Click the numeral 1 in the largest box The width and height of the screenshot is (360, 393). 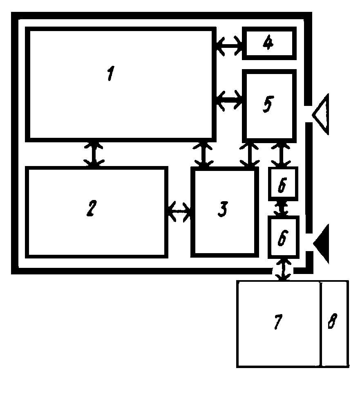(x=110, y=75)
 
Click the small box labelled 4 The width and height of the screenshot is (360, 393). (x=268, y=43)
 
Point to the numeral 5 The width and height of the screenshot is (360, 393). (x=267, y=104)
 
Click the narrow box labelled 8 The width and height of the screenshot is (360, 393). (x=334, y=323)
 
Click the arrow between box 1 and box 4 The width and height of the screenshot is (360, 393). (x=229, y=44)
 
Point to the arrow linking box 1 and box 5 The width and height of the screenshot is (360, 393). (x=229, y=100)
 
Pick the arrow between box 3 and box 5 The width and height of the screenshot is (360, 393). (x=250, y=154)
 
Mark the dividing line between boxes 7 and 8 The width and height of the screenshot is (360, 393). (x=320, y=323)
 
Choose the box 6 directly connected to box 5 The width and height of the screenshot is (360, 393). (x=282, y=184)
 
